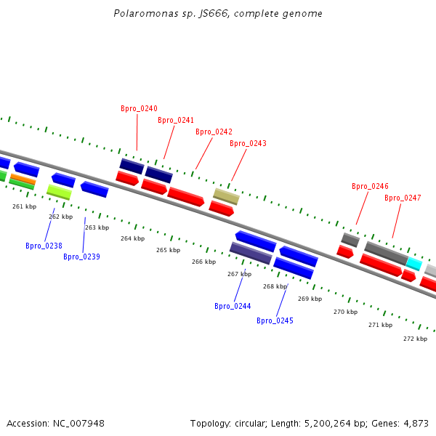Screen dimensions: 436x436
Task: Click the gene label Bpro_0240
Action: pyautogui.click(x=139, y=108)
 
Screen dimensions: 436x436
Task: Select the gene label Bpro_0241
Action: pyautogui.click(x=176, y=120)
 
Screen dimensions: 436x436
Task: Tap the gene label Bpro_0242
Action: pyautogui.click(x=214, y=132)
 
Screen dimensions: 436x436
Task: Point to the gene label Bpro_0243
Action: pyautogui.click(x=248, y=143)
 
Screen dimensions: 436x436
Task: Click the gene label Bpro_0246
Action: pyautogui.click(x=370, y=186)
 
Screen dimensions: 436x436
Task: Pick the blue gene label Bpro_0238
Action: pyautogui.click(x=44, y=246)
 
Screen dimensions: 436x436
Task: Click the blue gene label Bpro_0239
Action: pyautogui.click(x=81, y=257)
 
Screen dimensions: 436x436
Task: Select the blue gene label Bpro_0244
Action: pyautogui.click(x=233, y=306)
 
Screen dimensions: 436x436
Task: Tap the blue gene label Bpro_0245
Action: pyautogui.click(x=275, y=320)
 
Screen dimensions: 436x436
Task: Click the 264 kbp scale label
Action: pyautogui.click(x=132, y=238)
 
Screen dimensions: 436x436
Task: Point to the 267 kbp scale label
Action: pyautogui.click(x=239, y=274)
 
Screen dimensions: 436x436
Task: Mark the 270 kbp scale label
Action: pyautogui.click(x=345, y=312)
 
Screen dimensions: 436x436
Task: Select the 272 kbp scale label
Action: pyautogui.click(x=415, y=339)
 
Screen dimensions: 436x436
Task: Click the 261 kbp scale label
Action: pyautogui.click(x=24, y=206)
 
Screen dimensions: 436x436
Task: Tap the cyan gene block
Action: pyautogui.click(x=413, y=263)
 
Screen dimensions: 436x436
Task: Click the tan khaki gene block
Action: pyautogui.click(x=226, y=196)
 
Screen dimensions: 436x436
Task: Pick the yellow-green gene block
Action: pyautogui.click(x=59, y=192)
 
